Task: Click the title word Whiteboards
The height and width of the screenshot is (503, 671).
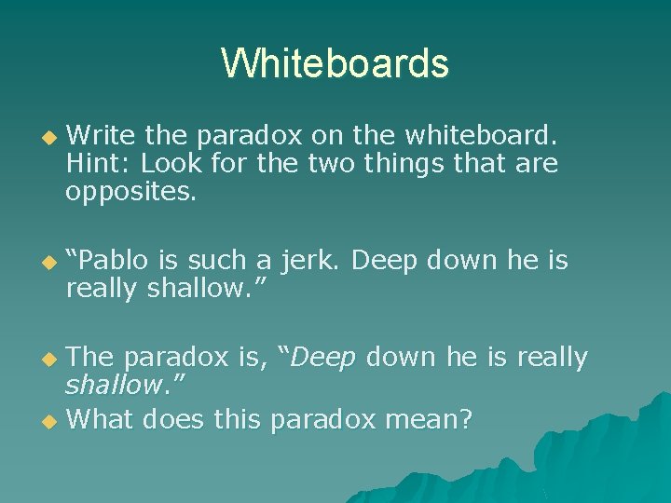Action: click(x=335, y=64)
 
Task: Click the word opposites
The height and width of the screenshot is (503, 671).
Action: click(x=130, y=193)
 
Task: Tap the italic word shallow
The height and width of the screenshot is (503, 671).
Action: click(x=111, y=385)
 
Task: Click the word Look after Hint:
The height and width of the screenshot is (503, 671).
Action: click(x=171, y=164)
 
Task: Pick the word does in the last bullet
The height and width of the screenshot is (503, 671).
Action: click(x=176, y=420)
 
